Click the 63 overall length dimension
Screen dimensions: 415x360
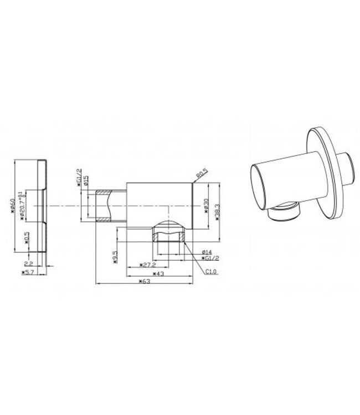(146, 282)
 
